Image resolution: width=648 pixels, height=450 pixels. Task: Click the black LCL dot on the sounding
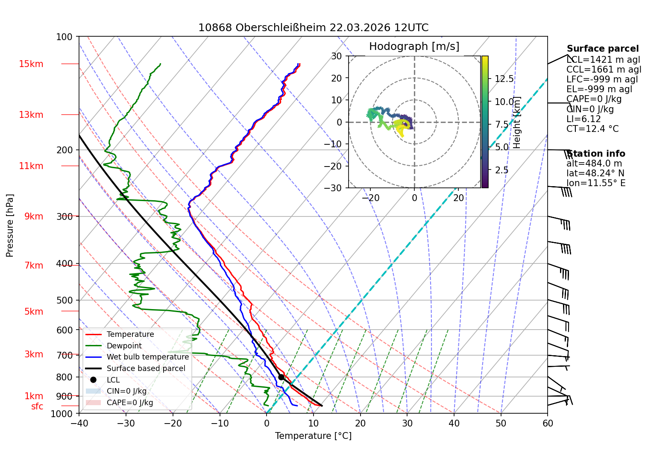(281, 377)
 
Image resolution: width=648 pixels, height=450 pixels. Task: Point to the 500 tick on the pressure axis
(65, 300)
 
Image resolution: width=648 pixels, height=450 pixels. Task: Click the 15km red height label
(31, 64)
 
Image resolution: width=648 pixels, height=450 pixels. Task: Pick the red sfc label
(37, 406)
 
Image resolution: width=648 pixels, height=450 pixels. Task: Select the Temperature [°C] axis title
(313, 436)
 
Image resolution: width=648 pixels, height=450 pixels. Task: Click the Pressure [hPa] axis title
(9, 225)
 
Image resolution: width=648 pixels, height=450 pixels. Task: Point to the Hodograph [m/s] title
(414, 46)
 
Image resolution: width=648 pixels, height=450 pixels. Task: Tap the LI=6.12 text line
(583, 119)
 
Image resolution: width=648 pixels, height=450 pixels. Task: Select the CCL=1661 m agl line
(604, 70)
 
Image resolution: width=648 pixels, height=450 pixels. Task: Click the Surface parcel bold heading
(603, 49)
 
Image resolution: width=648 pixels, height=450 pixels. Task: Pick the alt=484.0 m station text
(594, 164)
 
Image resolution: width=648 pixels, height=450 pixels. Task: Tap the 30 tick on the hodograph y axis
(337, 56)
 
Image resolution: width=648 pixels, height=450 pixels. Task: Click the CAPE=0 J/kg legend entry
(119, 403)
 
